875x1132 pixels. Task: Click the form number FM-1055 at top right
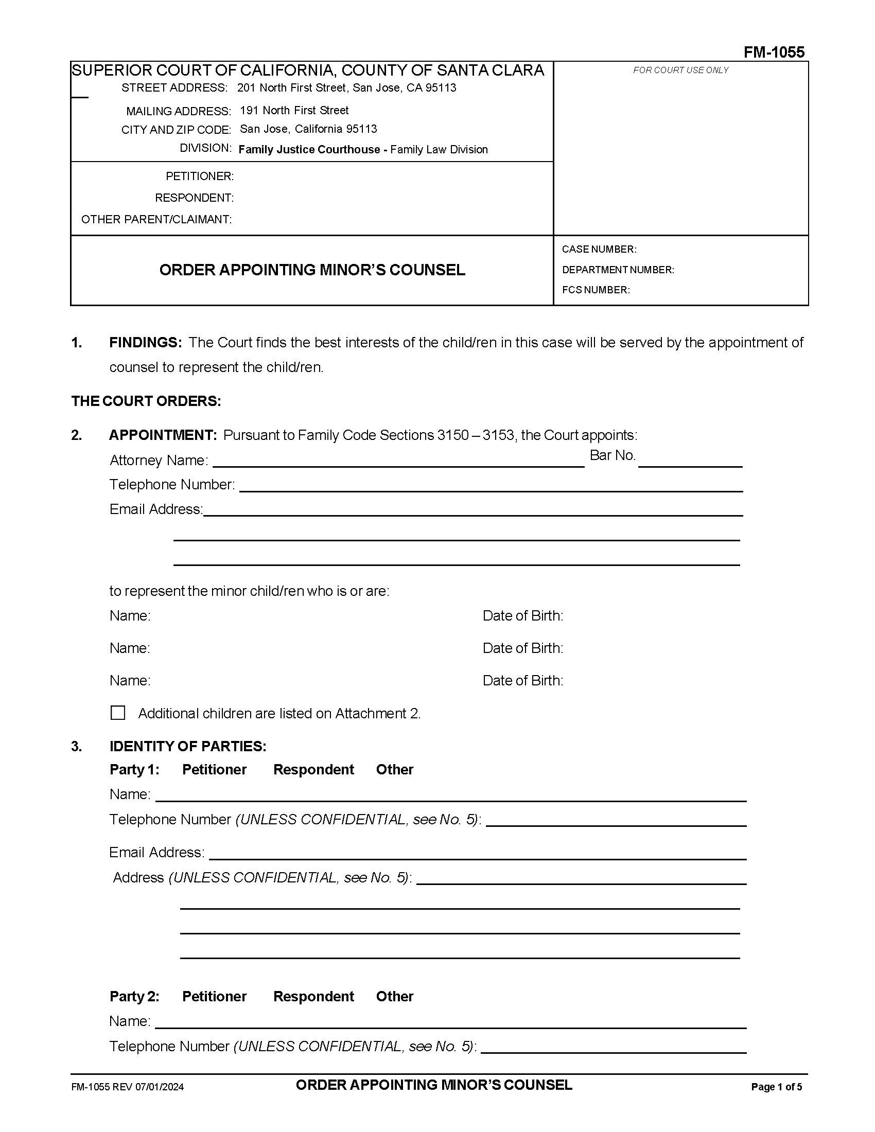[x=774, y=52]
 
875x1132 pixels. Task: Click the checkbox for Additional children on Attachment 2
[x=118, y=713]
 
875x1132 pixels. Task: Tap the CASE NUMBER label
[x=599, y=250]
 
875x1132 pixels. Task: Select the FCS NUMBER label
[x=596, y=290]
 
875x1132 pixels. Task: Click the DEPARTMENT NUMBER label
[x=617, y=270]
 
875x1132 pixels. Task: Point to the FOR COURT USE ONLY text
[x=680, y=70]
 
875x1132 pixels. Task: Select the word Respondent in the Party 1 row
[x=313, y=769]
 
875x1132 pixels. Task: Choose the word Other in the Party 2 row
[x=394, y=996]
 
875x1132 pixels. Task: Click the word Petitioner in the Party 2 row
[x=214, y=996]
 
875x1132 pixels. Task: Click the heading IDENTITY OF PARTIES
[x=188, y=747]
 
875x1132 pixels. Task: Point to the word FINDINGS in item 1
[x=145, y=343]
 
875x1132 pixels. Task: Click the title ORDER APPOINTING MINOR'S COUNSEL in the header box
[x=312, y=270]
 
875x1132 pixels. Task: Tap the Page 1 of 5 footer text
[x=776, y=1087]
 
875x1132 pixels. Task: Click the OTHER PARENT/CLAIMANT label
[x=156, y=220]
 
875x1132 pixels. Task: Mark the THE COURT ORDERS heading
[x=146, y=401]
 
